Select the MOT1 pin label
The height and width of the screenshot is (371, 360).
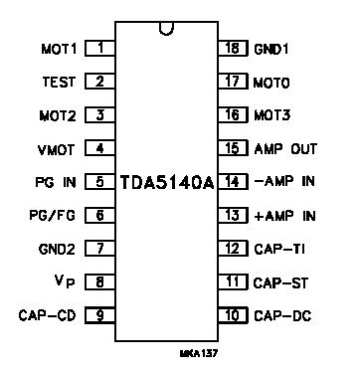point(60,47)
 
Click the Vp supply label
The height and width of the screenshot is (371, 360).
point(64,282)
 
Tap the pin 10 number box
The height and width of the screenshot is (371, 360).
point(231,316)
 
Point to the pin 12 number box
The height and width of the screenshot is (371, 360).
point(231,249)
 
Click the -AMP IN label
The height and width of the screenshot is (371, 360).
point(286,182)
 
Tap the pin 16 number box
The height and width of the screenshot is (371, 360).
point(231,114)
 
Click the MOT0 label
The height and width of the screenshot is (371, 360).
point(273,81)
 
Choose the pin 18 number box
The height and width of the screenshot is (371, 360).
point(231,47)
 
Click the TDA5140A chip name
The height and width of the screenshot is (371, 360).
point(166,184)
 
